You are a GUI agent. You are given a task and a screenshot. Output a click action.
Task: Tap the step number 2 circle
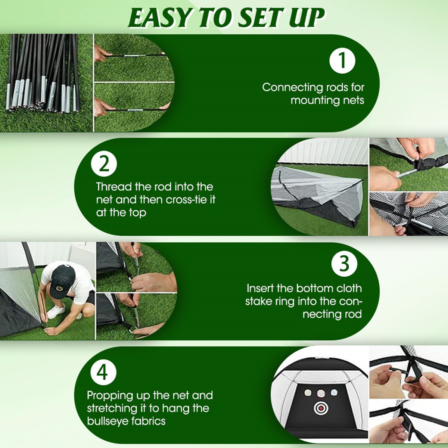point(104,164)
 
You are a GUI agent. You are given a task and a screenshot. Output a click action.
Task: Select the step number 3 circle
point(344,264)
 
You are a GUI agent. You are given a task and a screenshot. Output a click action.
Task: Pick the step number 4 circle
point(103,372)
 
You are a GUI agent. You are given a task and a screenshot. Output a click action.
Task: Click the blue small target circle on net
point(334,392)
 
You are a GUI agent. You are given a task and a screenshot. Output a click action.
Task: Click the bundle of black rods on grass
point(43,73)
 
